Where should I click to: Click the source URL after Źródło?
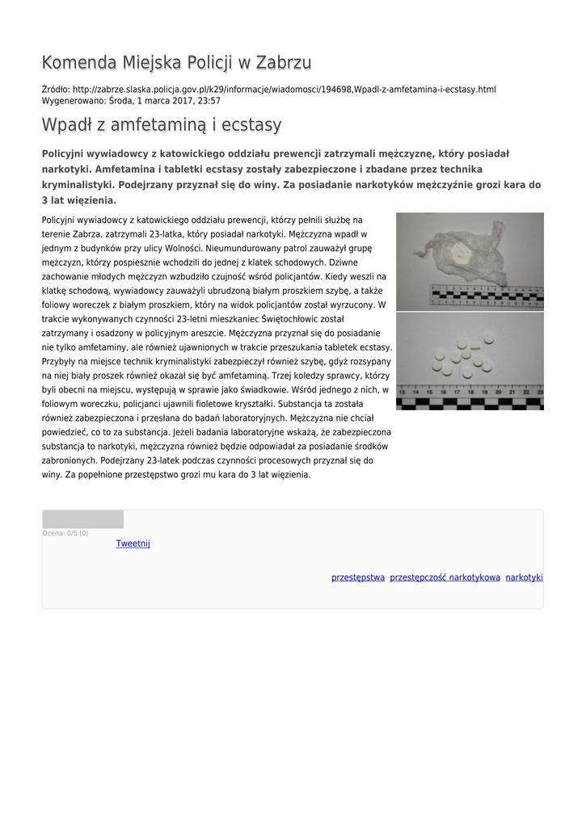(284, 89)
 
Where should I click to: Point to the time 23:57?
(209, 101)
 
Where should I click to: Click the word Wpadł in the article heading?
(69, 125)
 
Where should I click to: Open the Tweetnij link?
(133, 544)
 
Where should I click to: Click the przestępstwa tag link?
(358, 577)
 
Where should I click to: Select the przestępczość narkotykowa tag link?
(445, 577)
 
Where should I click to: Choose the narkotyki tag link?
(524, 577)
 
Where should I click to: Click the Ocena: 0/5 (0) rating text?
(65, 533)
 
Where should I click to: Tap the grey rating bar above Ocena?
(82, 519)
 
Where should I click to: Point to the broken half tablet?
(476, 347)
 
